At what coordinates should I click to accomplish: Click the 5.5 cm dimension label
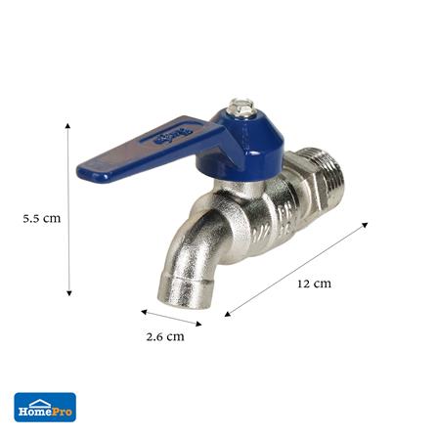tap(42, 218)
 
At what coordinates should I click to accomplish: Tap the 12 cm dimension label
tap(314, 284)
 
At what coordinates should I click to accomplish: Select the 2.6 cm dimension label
tap(165, 336)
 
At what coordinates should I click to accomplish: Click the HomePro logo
tap(45, 407)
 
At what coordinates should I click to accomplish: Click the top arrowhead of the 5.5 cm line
tap(67, 126)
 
